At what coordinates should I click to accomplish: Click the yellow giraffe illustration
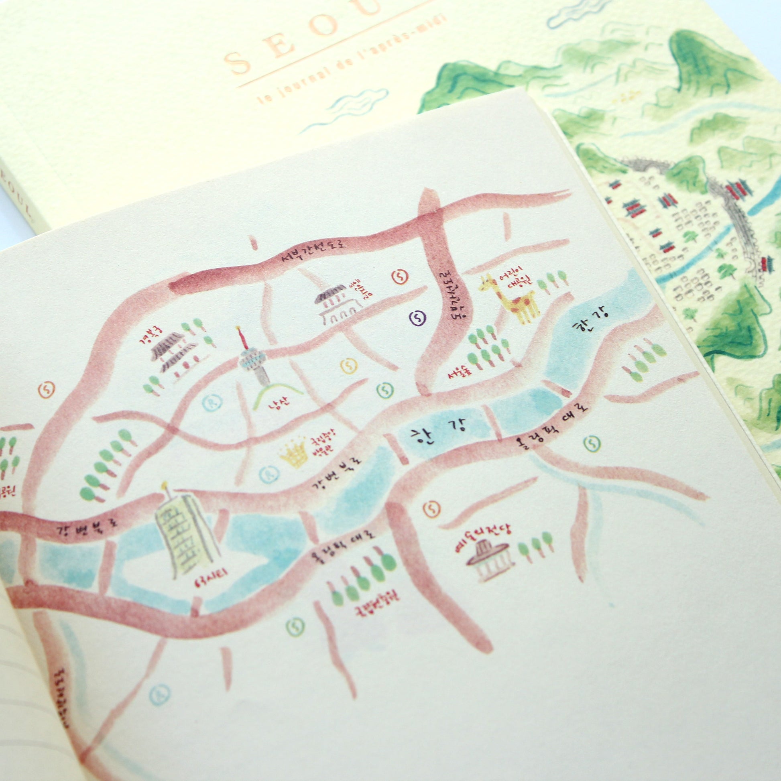click(x=510, y=299)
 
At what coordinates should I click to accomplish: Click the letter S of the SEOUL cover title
click(x=239, y=64)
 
